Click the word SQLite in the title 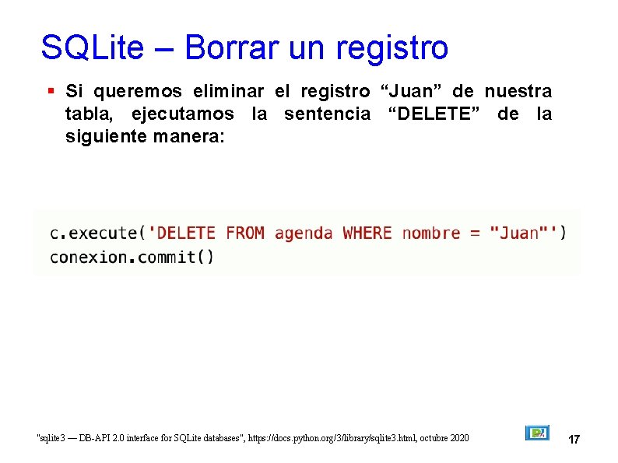pos(92,47)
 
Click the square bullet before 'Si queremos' pos(51,91)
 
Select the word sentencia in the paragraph pos(327,114)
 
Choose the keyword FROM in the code pos(245,233)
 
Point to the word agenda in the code pos(304,233)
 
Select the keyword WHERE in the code pos(367,233)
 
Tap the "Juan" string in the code pos(518,233)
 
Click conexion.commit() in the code pos(132,257)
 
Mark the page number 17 pos(574,440)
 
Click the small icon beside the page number pos(537,433)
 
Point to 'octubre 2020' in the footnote pos(447,439)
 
